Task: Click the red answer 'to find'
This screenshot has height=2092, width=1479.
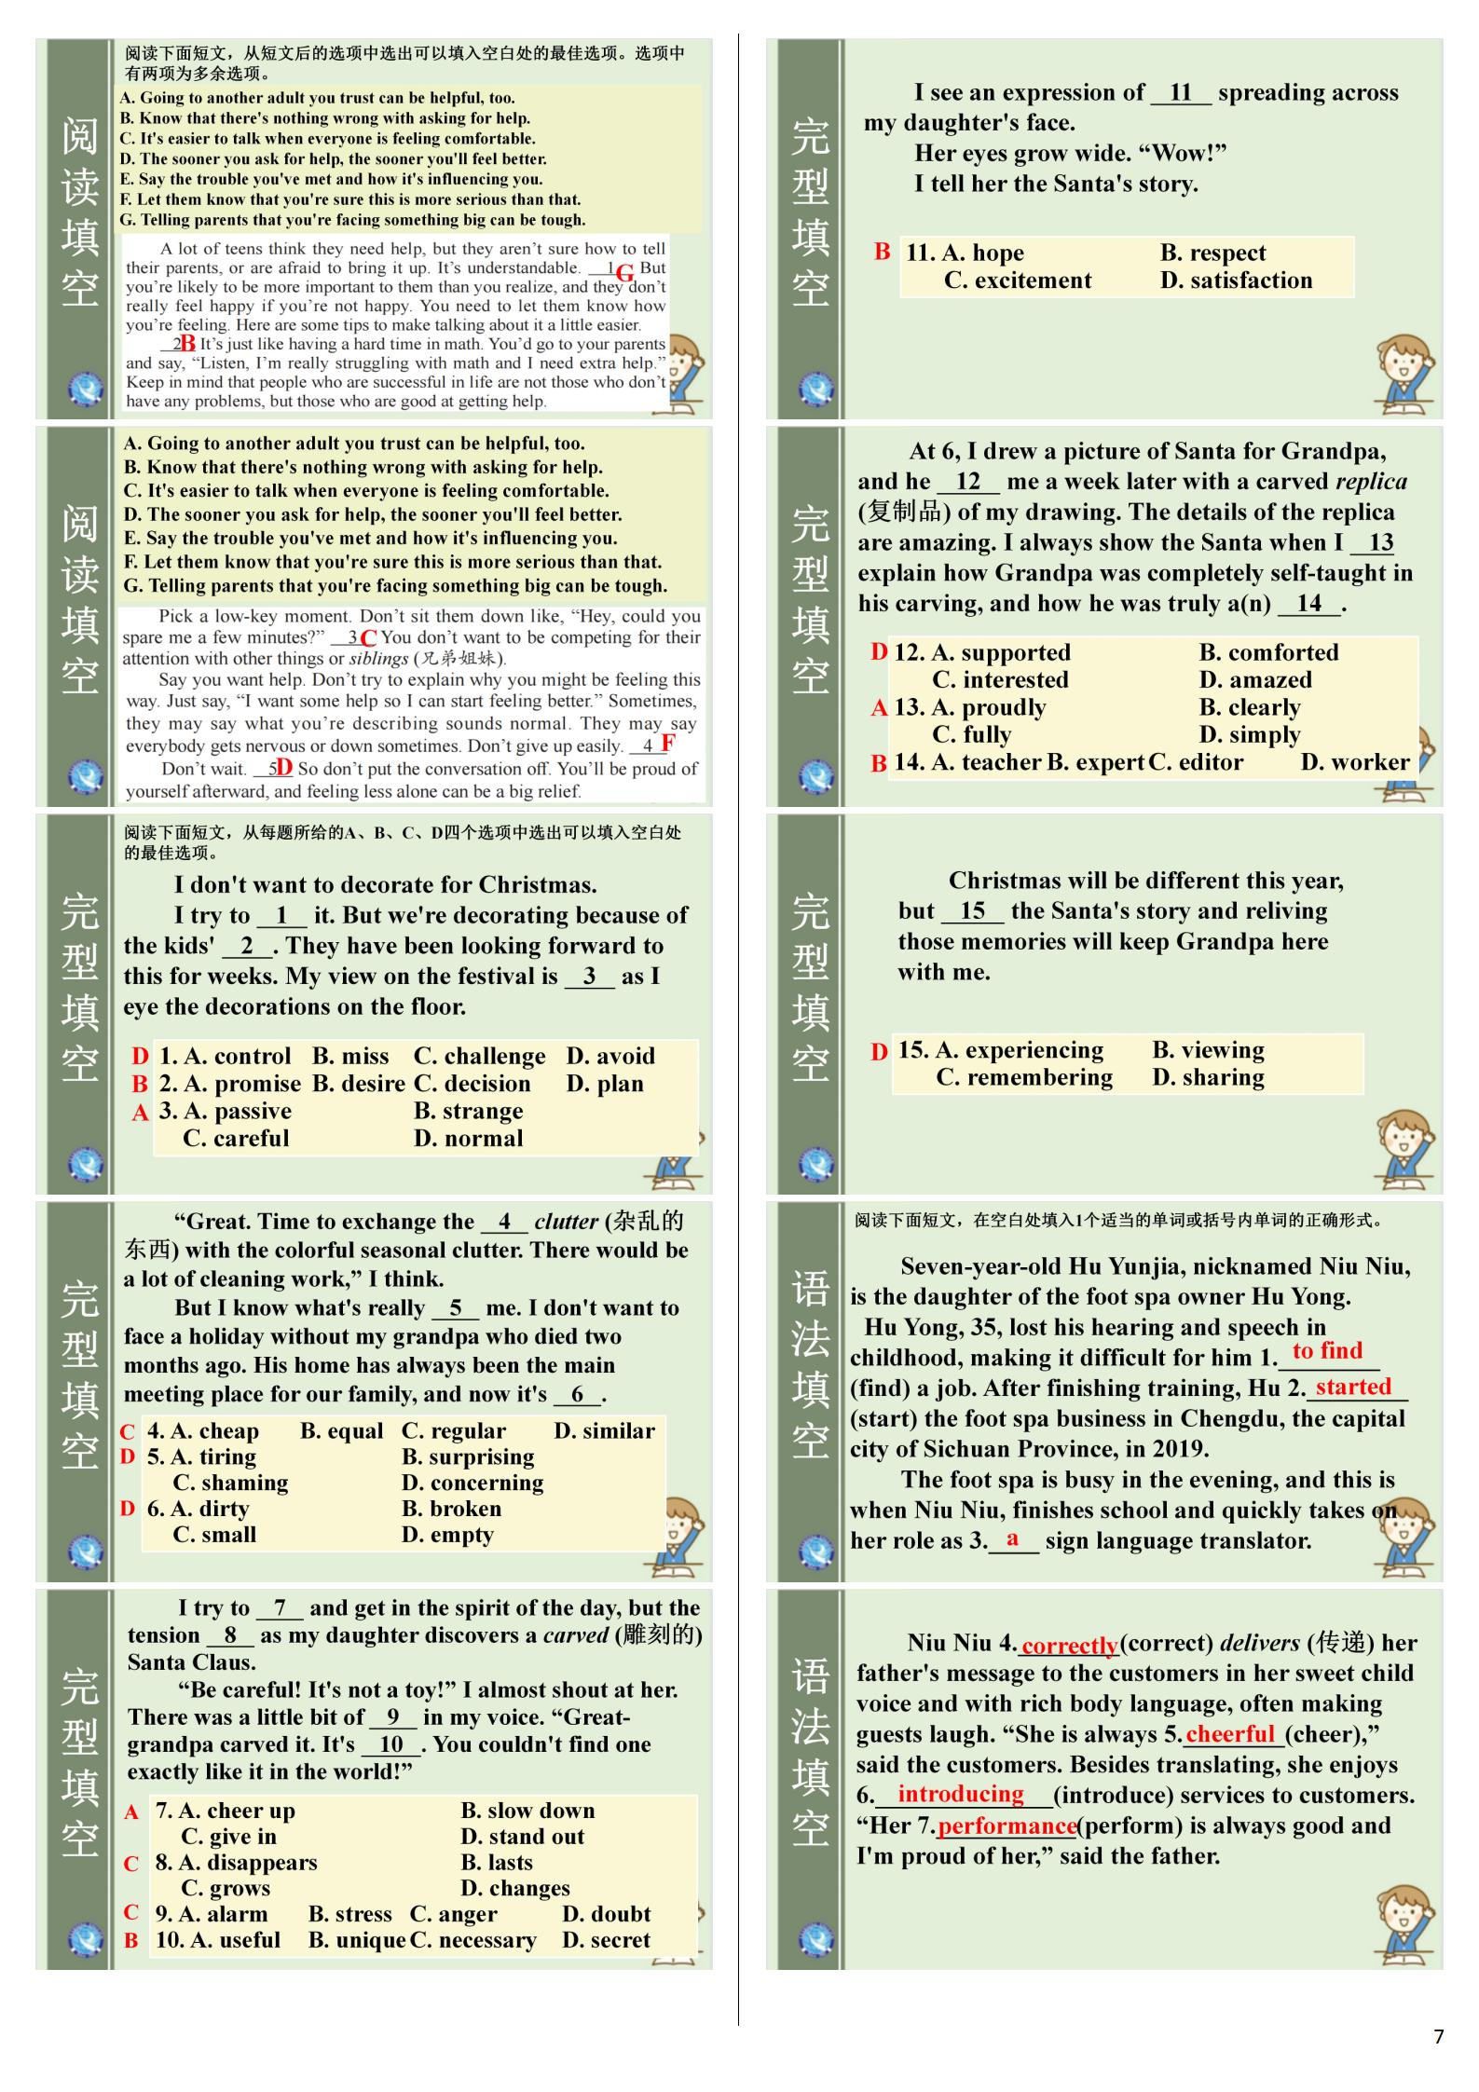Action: (1327, 1350)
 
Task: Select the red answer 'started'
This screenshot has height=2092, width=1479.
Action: (1353, 1387)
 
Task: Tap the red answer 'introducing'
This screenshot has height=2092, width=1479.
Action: (960, 1794)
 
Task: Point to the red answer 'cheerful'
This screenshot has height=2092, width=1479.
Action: (1230, 1733)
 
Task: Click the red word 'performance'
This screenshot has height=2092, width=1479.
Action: (1007, 1825)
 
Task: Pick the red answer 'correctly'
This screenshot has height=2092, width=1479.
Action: (1069, 1646)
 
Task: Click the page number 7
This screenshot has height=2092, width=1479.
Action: (1438, 2036)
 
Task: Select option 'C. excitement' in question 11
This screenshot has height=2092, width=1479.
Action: (1017, 280)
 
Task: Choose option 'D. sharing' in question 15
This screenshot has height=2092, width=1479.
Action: (1208, 1077)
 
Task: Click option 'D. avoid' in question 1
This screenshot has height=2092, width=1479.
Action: (609, 1056)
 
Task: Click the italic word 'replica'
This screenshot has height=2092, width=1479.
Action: (1371, 481)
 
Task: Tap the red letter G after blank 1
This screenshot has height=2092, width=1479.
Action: (624, 272)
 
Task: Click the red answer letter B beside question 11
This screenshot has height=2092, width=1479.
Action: (882, 252)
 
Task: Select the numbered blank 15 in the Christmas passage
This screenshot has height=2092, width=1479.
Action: (972, 910)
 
